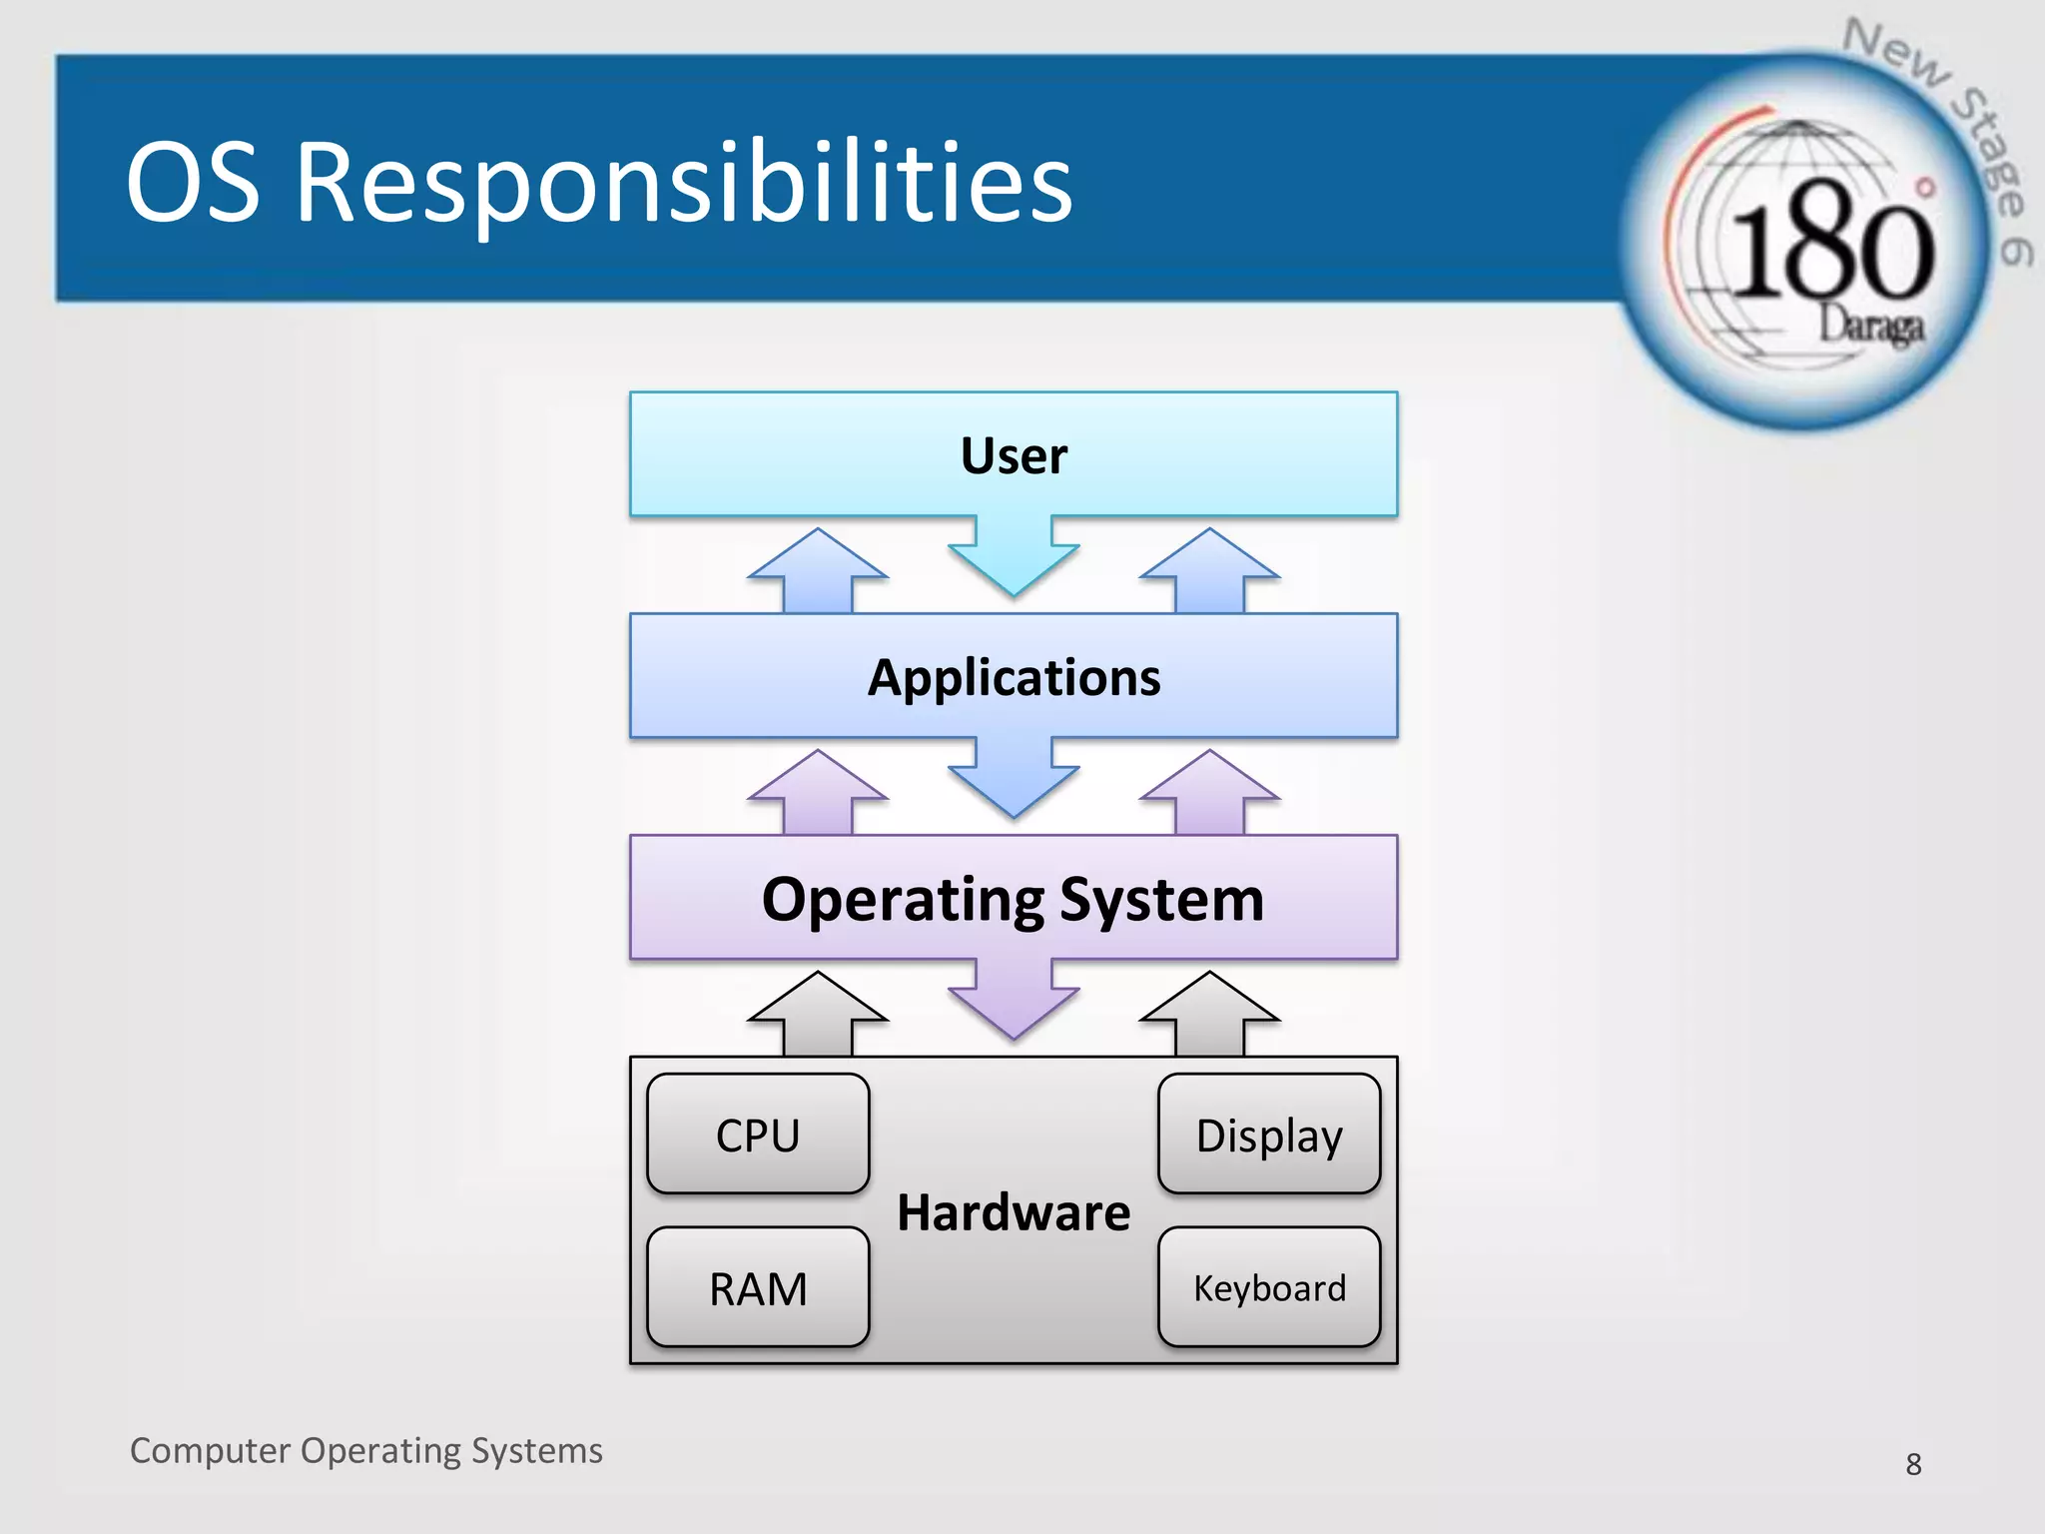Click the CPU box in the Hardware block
tap(758, 1135)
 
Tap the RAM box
tap(758, 1287)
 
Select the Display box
tap(1269, 1135)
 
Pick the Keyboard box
tap(1269, 1287)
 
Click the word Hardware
tap(1014, 1212)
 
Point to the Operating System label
tap(1013, 899)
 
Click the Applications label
tap(1014, 678)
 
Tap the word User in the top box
tap(1014, 455)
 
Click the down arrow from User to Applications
tap(1014, 559)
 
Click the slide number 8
tap(1913, 1464)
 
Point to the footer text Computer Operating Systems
tap(365, 1450)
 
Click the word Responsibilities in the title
tap(684, 182)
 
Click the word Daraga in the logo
tap(1870, 326)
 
